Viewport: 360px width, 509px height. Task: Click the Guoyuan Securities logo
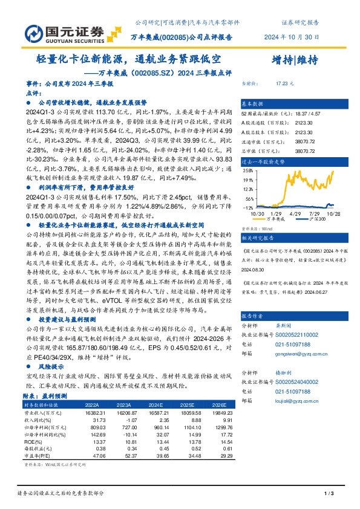pos(66,31)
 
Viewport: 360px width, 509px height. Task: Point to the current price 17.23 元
pos(285,83)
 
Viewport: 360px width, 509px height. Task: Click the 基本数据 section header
pos(253,103)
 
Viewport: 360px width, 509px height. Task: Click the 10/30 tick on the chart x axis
pos(250,213)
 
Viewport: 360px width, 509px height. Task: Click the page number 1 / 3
pos(329,494)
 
